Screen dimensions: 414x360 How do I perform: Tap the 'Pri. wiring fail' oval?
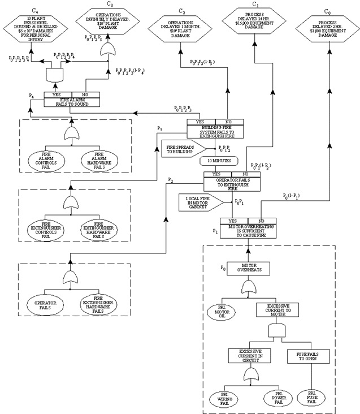pyautogui.click(x=222, y=399)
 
